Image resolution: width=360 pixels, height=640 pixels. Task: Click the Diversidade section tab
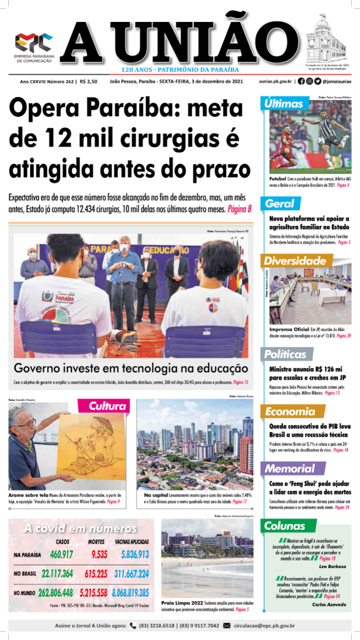[293, 260]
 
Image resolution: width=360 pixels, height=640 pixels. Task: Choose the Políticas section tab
[284, 354]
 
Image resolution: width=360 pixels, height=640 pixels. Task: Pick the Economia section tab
[290, 411]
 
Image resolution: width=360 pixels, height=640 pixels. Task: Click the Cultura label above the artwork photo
[106, 407]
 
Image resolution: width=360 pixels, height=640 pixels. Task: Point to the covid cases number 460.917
[61, 554]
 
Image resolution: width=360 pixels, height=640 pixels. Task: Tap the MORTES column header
[95, 542]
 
